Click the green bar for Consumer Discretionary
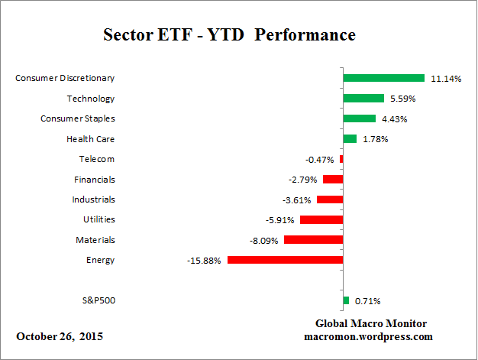(x=383, y=78)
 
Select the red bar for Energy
(x=285, y=260)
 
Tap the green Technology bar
(x=363, y=98)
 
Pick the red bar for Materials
(x=313, y=240)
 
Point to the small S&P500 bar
(x=346, y=300)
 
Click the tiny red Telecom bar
(x=341, y=159)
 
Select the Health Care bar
(x=350, y=138)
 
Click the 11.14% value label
(x=446, y=78)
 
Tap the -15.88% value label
(x=204, y=260)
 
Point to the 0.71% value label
(x=368, y=300)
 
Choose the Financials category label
(x=95, y=179)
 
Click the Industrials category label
(x=94, y=199)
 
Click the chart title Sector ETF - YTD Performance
(x=229, y=36)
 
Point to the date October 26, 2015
(x=60, y=336)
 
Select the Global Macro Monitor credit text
(x=370, y=323)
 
